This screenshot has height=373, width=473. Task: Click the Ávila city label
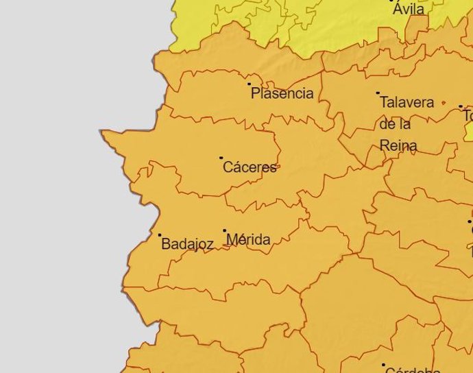409,10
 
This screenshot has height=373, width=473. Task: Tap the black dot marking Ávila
392,1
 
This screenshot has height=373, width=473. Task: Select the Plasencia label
282,94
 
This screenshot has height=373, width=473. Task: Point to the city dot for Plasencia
250,84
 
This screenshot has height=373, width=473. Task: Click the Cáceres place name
250,167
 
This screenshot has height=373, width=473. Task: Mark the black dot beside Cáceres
221,158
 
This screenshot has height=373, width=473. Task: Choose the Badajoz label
187,244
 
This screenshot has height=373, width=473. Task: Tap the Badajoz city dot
160,235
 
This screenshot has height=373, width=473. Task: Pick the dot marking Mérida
224,231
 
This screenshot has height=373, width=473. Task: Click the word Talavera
407,103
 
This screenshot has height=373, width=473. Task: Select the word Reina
398,145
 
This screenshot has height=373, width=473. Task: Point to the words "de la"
395,124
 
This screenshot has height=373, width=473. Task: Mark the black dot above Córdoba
383,365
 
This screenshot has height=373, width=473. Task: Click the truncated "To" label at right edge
468,116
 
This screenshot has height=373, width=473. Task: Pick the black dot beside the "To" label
461,107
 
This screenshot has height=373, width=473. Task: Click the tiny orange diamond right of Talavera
444,104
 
